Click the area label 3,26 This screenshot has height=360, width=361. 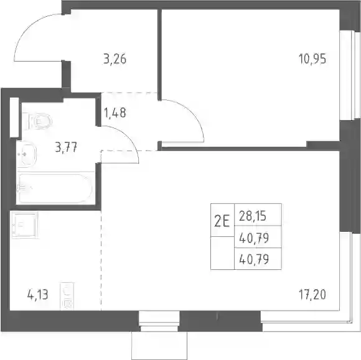point(115,59)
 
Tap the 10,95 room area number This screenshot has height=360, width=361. point(312,59)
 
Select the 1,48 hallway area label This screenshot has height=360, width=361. point(115,113)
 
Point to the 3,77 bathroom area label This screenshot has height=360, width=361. point(66,147)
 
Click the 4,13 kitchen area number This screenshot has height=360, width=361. point(37,295)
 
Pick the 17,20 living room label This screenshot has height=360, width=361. point(312,295)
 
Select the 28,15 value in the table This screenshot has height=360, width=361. point(253,216)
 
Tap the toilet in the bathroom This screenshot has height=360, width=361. point(37,121)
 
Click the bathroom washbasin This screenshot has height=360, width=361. point(27,154)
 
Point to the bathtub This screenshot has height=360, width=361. point(55,188)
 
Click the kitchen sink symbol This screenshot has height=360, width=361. point(25,224)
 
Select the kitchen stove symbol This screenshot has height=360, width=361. point(67,297)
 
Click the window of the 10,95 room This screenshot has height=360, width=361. point(350,75)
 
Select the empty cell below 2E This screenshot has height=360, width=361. point(222,253)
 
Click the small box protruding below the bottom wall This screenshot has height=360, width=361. point(159,346)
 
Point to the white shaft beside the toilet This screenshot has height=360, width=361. point(14,118)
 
